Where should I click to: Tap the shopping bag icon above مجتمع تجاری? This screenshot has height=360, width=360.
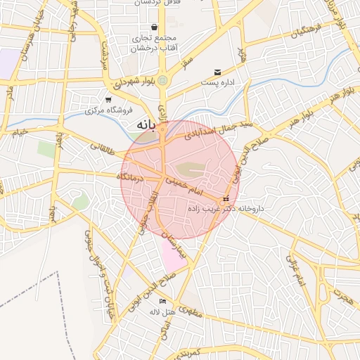pyautogui.click(x=154, y=28)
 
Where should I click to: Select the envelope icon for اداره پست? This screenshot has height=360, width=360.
pyautogui.click(x=217, y=72)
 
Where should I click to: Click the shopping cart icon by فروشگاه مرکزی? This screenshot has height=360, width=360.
pyautogui.click(x=108, y=100)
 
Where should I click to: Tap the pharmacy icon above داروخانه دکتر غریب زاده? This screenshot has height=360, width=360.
pyautogui.click(x=226, y=198)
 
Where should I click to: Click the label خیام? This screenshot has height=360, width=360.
pyautogui.click(x=20, y=131)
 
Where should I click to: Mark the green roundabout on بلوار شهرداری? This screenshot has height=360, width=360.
pyautogui.click(x=162, y=79)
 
